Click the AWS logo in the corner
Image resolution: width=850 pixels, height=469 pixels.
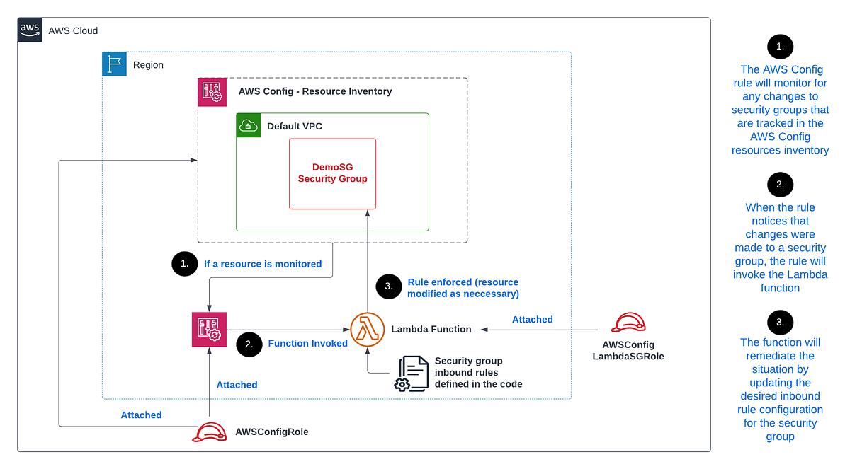[x=30, y=30]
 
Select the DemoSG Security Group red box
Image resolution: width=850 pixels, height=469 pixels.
[x=332, y=173]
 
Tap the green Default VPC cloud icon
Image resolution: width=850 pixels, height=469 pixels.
[x=249, y=125]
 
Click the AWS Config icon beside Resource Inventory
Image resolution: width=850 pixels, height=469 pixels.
[x=212, y=92]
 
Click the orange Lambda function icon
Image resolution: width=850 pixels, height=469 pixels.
[x=367, y=329]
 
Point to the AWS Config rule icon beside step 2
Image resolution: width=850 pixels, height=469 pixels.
[x=209, y=329]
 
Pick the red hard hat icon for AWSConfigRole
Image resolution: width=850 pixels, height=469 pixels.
[x=209, y=432]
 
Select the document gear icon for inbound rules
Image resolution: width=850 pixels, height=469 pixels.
[x=412, y=373]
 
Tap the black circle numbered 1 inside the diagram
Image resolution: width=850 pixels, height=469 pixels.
[x=184, y=264]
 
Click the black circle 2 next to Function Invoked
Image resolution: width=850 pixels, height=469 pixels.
[x=249, y=343]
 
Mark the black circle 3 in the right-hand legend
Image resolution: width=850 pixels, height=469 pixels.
[x=780, y=322]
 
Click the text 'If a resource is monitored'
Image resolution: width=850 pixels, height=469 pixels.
[x=263, y=264]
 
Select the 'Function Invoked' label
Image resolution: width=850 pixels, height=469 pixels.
[x=307, y=343]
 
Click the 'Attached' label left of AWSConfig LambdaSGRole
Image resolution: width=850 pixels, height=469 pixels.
[x=532, y=320]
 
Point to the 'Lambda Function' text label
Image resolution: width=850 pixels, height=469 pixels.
[x=431, y=329]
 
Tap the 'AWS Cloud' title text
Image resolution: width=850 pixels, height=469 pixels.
[x=73, y=30]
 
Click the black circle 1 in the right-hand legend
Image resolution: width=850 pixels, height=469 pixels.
[x=780, y=47]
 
